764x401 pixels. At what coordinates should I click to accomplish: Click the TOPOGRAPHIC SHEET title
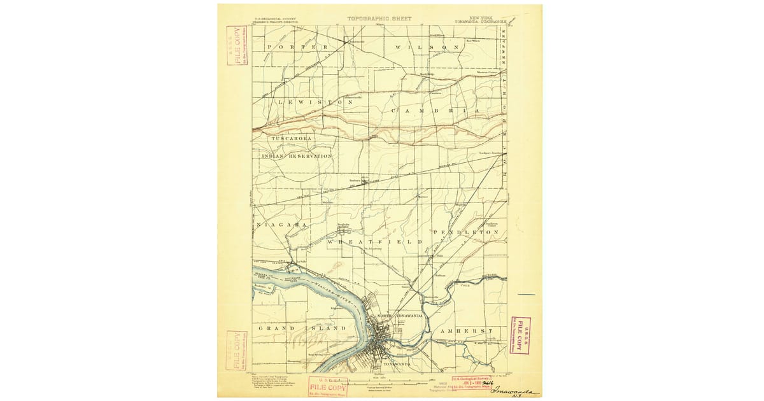[x=380, y=19]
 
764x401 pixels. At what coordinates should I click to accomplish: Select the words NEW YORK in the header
[x=481, y=18]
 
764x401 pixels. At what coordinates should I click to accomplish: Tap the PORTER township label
[x=297, y=48]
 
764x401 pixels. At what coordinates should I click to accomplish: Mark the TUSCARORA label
[x=291, y=138]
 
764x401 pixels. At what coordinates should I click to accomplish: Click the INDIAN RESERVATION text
[x=297, y=156]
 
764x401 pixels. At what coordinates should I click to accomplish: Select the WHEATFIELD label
[x=375, y=243]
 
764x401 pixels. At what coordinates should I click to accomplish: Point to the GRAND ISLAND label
[x=302, y=328]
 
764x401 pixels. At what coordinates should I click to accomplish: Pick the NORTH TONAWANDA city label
[x=405, y=317]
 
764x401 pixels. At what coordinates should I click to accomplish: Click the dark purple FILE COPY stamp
[x=521, y=335]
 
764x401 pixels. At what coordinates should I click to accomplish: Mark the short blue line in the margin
[x=528, y=295]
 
